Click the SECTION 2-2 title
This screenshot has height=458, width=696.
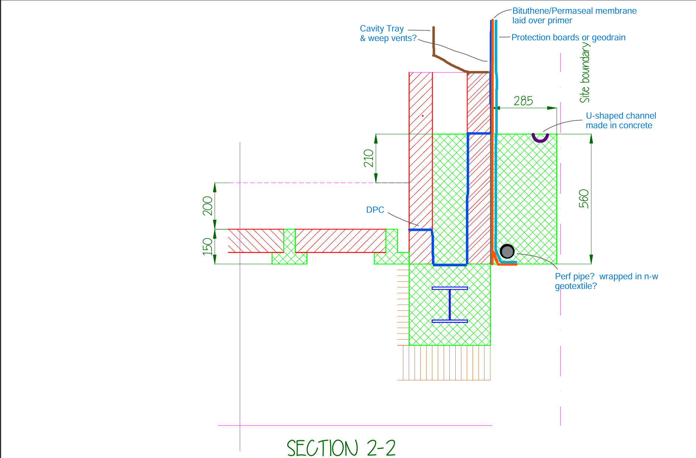click(341, 448)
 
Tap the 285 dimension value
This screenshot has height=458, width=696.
click(523, 101)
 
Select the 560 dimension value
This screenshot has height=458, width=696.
click(584, 199)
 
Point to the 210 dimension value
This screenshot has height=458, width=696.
click(368, 158)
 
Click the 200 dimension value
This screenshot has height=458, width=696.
click(208, 206)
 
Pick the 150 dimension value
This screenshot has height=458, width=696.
click(208, 246)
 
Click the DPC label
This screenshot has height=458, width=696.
click(375, 210)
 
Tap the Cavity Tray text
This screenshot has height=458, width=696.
click(382, 29)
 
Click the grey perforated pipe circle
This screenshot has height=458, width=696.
click(507, 252)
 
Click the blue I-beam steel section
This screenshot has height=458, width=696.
click(450, 305)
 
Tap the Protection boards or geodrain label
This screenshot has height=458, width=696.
click(568, 37)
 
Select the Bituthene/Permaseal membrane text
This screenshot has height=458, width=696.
click(575, 11)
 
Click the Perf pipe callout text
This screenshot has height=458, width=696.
click(606, 281)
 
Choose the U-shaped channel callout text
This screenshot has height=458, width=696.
click(621, 120)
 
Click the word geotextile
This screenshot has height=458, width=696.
click(576, 286)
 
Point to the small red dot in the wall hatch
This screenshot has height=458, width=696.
click(422, 116)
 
